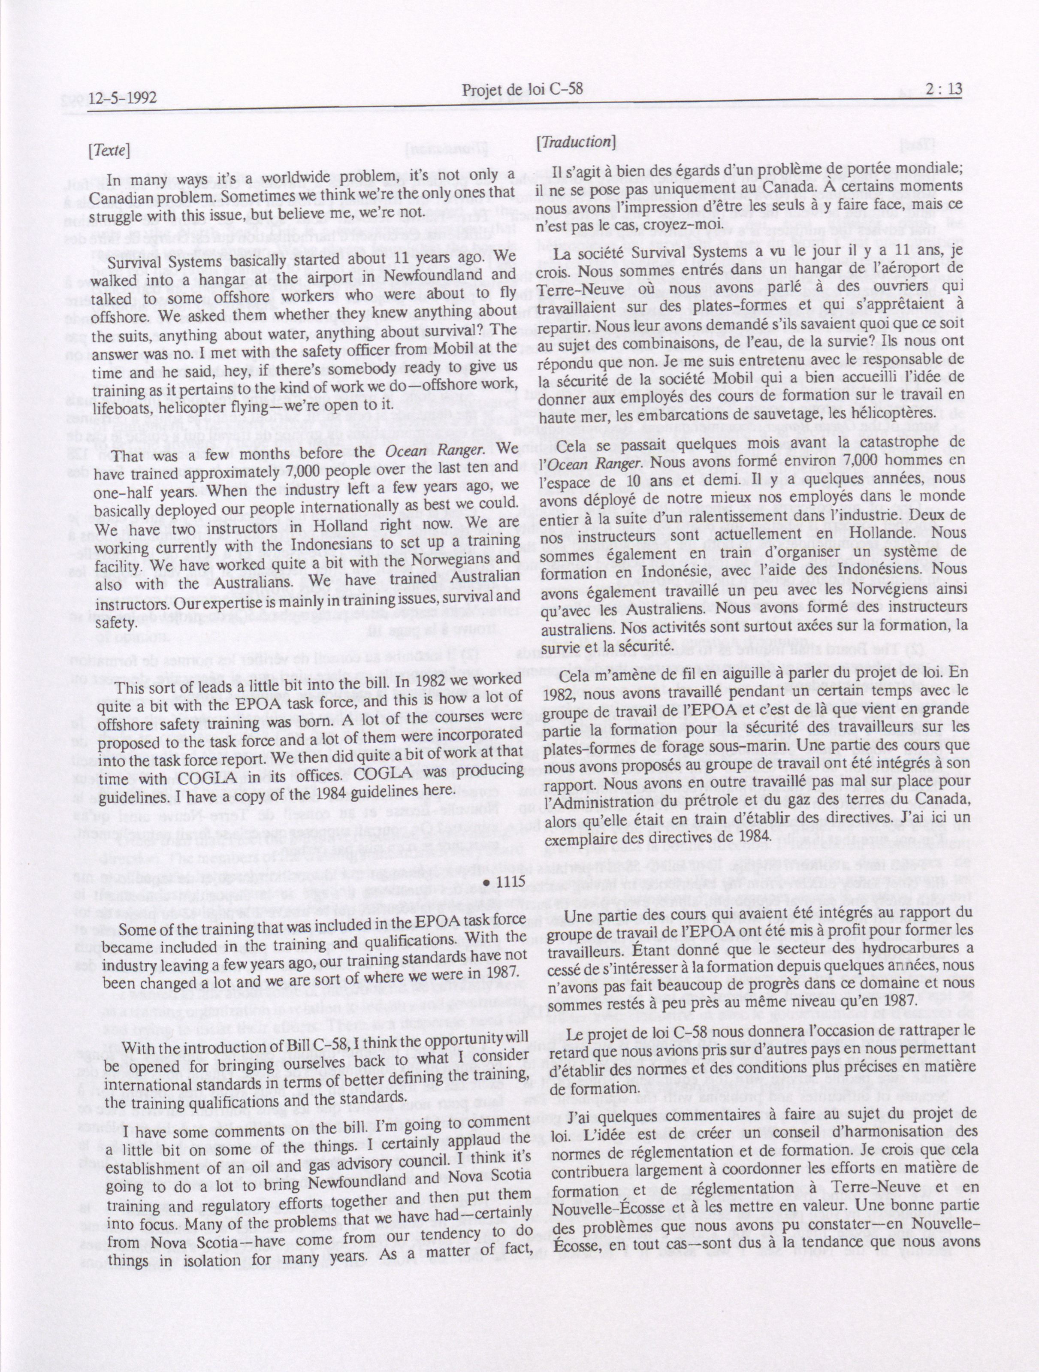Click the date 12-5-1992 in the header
click(122, 98)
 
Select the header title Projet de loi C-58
click(523, 91)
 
